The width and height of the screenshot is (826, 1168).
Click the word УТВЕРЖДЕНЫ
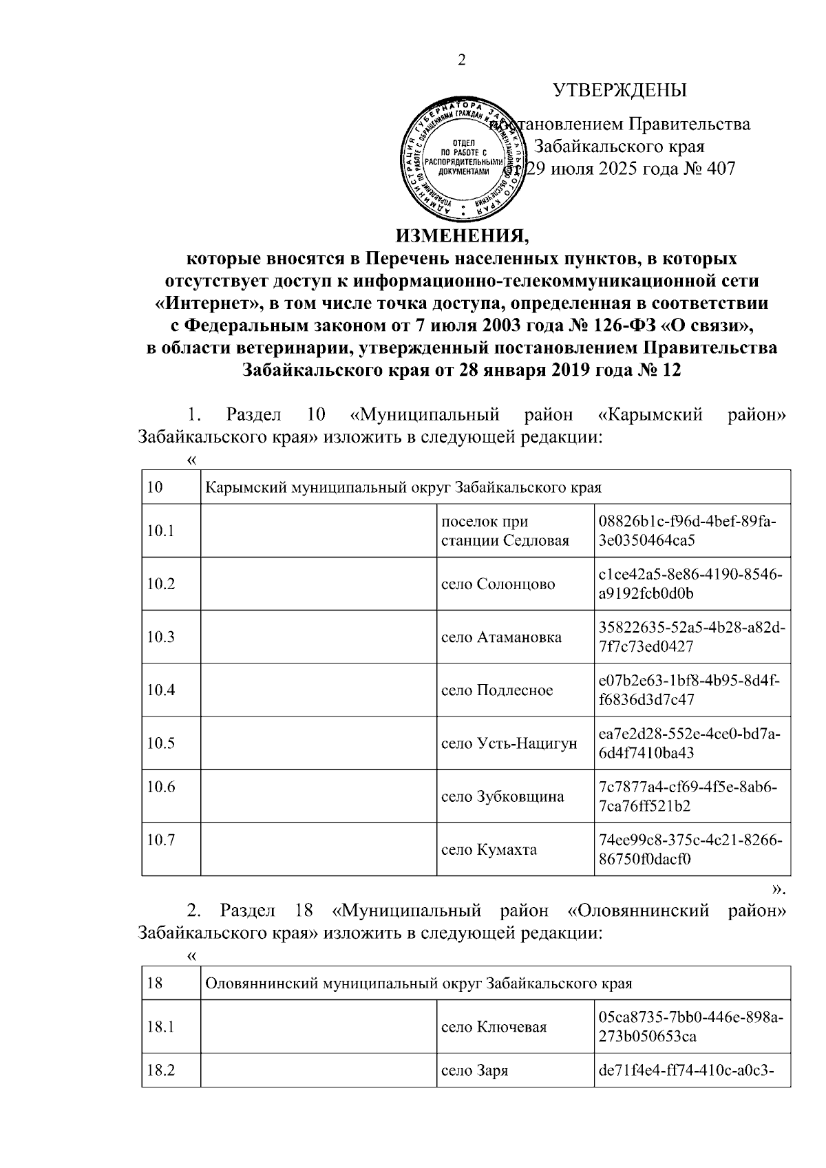(620, 90)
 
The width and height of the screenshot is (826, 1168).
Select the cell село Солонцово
(498, 584)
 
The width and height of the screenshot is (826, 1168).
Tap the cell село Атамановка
(501, 637)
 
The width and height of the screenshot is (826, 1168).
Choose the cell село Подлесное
(497, 690)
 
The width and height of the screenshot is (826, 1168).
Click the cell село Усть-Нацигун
(509, 743)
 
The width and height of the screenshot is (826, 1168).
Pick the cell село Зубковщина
(502, 796)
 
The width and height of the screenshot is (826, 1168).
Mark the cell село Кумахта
(489, 849)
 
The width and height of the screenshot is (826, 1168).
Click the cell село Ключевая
(494, 1027)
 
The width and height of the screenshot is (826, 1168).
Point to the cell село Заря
(474, 1071)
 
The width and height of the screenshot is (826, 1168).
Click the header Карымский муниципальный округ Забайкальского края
(403, 488)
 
